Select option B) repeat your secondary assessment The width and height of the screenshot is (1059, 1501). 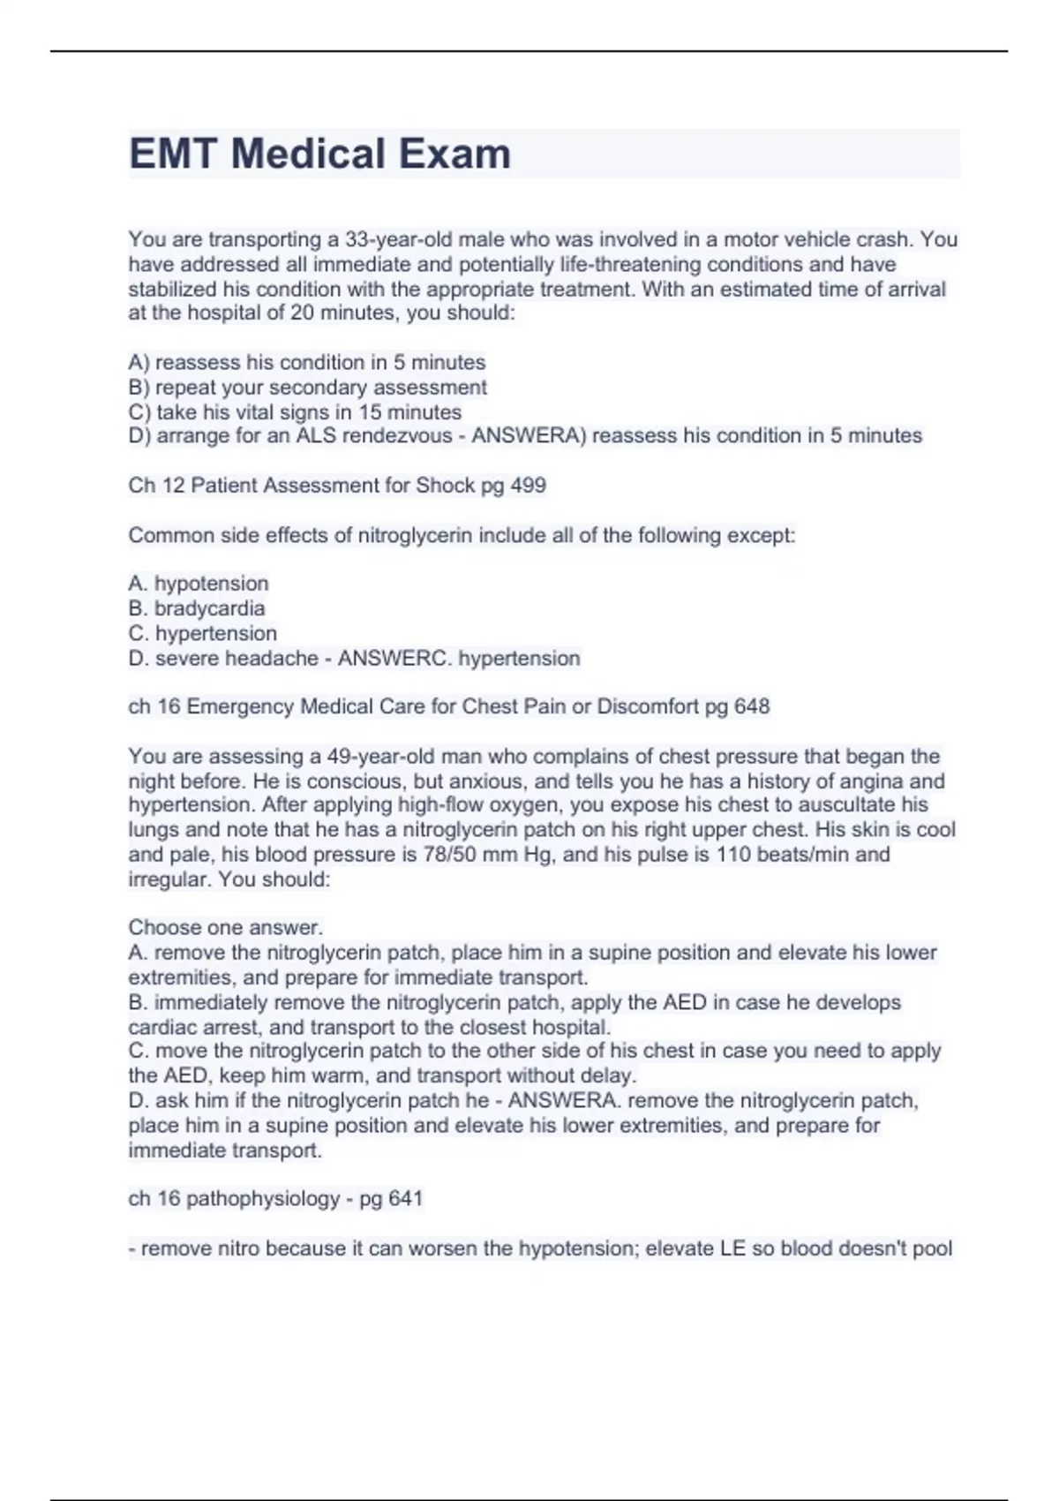tap(307, 388)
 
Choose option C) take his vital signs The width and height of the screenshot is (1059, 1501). tap(295, 412)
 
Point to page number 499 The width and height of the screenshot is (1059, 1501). tap(528, 486)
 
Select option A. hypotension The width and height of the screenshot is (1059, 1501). tap(199, 584)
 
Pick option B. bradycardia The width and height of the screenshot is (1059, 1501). tap(197, 608)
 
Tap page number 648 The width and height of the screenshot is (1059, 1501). tap(751, 707)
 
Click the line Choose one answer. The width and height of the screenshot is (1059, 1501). tap(226, 928)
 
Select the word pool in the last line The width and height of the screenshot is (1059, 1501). tap(932, 1248)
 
